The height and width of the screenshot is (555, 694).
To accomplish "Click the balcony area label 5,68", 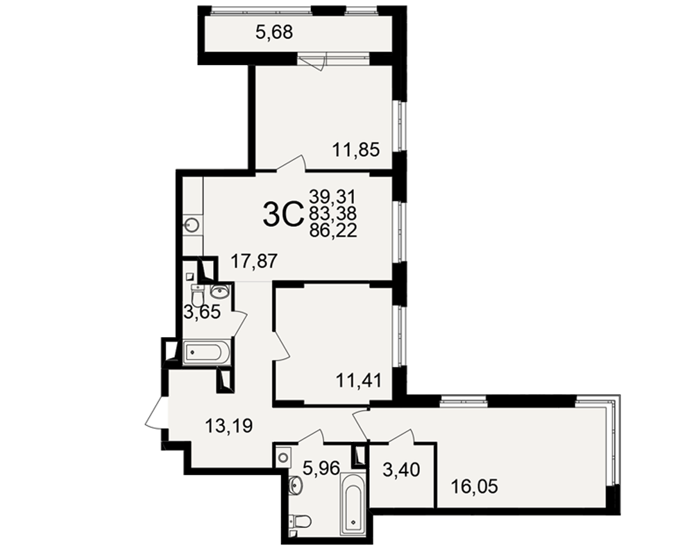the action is (x=274, y=33).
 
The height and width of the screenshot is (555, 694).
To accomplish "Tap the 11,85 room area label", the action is (x=356, y=150).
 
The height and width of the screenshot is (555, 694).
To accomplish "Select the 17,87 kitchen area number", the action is (x=254, y=261).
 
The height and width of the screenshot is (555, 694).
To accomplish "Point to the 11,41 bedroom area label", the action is (x=359, y=380).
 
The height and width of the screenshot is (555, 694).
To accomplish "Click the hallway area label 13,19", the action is (x=229, y=426).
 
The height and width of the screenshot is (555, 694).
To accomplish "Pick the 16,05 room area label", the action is (x=474, y=486).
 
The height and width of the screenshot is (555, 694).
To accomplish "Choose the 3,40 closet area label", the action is (x=401, y=470).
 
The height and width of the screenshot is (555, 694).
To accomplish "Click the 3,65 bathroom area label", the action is (x=202, y=312).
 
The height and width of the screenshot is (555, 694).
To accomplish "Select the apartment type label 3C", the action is (x=282, y=214).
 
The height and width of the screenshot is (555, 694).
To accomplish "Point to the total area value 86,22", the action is (x=333, y=230).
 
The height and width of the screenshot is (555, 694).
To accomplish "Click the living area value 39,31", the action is (x=332, y=196).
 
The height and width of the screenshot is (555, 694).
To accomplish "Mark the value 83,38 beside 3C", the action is (x=333, y=213).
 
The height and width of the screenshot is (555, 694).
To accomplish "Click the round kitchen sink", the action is (x=192, y=225).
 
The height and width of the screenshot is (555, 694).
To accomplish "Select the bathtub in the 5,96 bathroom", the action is (x=353, y=504).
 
